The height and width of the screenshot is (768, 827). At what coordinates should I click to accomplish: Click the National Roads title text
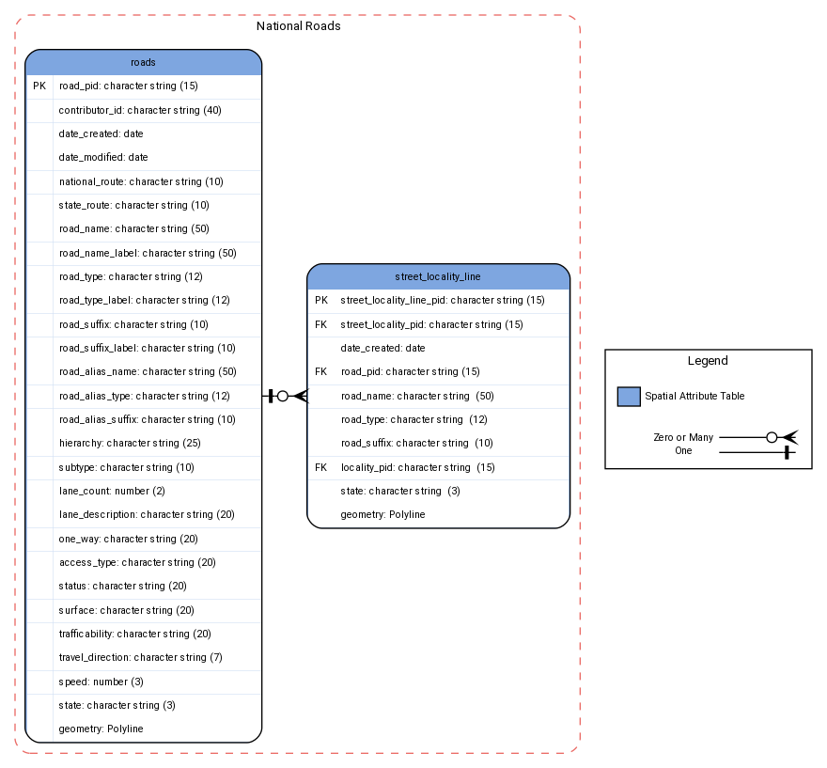[x=298, y=26]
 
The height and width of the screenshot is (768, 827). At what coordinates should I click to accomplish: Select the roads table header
[x=143, y=62]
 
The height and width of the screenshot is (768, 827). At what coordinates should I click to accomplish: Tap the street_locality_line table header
[x=438, y=276]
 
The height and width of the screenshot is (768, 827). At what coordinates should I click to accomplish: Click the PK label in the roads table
[x=39, y=86]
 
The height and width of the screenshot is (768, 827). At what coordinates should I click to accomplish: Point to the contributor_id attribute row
[x=140, y=110]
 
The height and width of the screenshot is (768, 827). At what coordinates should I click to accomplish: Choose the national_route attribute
[x=141, y=181]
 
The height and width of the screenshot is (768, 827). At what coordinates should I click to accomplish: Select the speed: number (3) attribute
[x=101, y=682]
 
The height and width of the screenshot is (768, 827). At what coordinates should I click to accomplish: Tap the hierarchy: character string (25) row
[x=129, y=443]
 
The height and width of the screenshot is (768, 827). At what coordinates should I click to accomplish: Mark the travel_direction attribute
[x=140, y=657]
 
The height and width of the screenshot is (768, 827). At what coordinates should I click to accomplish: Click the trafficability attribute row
[x=134, y=634]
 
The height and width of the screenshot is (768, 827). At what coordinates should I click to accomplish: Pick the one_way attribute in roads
[x=128, y=539]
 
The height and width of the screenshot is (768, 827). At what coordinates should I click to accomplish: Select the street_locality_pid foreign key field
[x=431, y=324]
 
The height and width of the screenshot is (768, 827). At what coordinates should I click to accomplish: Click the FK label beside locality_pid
[x=321, y=467]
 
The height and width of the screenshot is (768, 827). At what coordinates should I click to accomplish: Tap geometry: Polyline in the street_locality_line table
[x=382, y=515]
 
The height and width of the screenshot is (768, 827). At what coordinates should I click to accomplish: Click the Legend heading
[x=708, y=361]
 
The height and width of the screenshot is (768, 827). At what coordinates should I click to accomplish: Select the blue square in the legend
[x=629, y=397]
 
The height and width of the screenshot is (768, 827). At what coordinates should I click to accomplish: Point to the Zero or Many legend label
[x=683, y=438]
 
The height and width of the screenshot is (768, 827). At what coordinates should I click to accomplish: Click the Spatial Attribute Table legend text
[x=694, y=397]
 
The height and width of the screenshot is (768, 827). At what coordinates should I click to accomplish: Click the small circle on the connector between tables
[x=283, y=396]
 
